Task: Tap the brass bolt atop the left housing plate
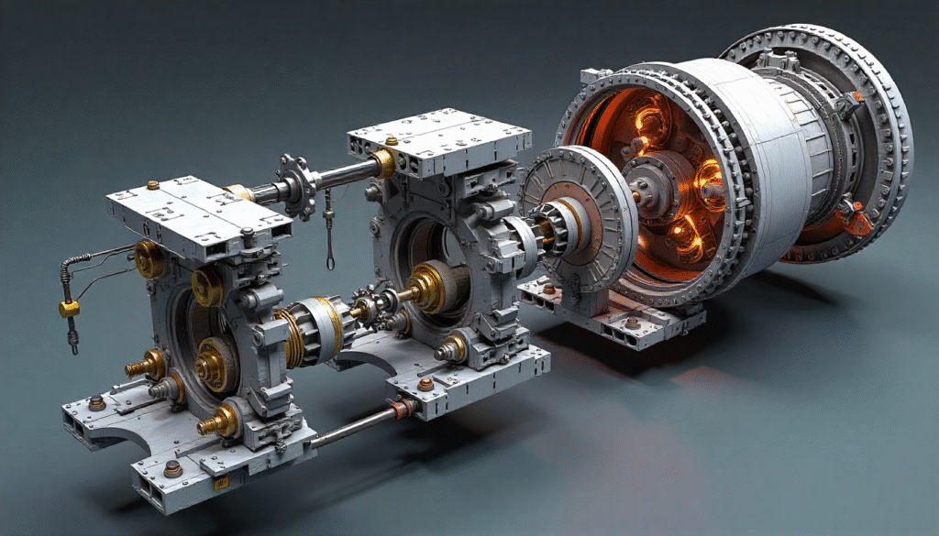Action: (x=153, y=185)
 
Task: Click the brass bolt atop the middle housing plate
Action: (x=392, y=140)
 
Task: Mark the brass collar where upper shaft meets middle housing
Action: (x=383, y=164)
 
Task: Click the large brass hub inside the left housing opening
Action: (x=215, y=359)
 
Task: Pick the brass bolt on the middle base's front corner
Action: (x=425, y=384)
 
